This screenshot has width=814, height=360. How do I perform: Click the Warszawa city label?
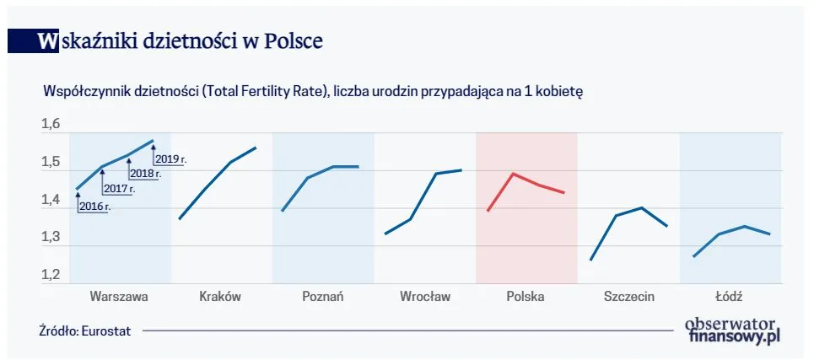119,297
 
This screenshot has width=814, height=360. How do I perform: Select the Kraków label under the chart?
220,297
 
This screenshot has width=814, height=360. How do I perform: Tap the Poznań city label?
323,297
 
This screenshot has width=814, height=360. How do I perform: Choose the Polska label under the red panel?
526,297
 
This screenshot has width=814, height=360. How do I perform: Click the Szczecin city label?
629,297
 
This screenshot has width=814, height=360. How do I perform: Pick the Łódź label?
729,296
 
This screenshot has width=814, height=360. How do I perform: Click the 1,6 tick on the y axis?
51,126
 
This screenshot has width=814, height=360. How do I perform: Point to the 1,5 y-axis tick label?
51,163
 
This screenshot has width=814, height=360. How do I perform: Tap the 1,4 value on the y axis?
51,201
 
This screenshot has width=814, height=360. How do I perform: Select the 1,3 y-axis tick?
51,238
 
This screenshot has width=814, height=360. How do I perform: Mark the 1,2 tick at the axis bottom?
51,275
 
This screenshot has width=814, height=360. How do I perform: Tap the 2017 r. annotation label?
120,189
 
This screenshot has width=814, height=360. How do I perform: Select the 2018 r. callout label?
144,173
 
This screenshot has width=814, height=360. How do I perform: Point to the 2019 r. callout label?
171,159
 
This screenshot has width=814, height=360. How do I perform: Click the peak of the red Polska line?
513,174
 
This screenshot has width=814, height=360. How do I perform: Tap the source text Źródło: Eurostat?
84,331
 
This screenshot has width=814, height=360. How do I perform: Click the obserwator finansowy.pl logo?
730,329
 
